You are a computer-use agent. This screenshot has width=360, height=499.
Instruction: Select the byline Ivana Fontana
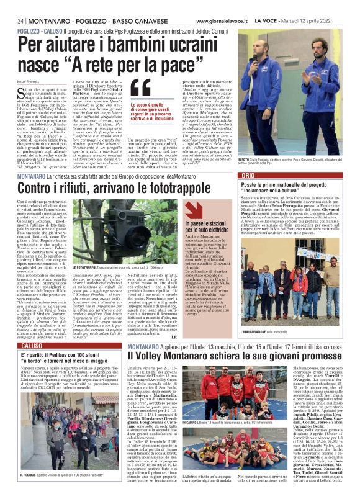coord(29,83)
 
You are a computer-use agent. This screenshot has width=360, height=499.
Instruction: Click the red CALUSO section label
coord(32,345)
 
